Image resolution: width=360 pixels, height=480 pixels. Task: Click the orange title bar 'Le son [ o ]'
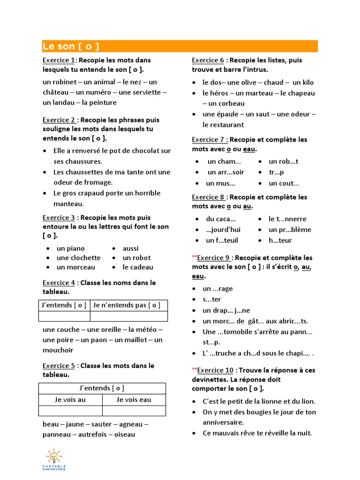(x=180, y=46)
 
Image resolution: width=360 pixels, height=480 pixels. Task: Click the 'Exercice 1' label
(x=59, y=60)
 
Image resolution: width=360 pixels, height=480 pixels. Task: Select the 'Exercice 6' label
(x=208, y=60)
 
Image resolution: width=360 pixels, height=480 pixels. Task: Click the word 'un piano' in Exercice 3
(x=71, y=248)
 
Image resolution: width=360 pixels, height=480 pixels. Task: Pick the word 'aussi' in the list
(x=131, y=248)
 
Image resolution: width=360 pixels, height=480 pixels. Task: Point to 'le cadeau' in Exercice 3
(x=138, y=267)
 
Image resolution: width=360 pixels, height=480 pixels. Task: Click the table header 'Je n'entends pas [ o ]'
(x=127, y=305)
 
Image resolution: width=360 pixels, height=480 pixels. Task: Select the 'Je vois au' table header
(x=70, y=400)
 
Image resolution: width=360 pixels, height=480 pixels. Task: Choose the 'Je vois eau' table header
(x=134, y=400)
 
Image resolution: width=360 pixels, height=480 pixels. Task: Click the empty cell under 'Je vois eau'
(x=134, y=411)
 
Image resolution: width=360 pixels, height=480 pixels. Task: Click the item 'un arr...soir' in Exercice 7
(x=225, y=172)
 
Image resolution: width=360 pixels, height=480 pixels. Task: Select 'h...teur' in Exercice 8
(x=280, y=240)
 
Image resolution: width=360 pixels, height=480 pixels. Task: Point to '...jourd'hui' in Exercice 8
(x=223, y=230)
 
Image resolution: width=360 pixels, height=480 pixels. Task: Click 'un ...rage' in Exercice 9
(x=217, y=289)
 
